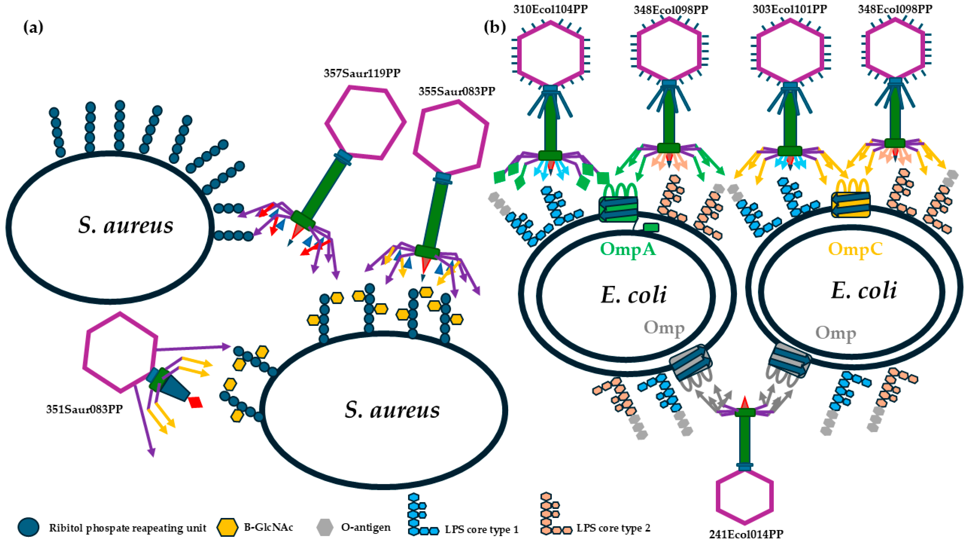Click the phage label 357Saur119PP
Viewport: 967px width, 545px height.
click(362, 73)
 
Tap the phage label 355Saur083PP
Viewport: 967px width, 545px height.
click(456, 91)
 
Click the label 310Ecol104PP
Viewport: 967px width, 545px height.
click(550, 9)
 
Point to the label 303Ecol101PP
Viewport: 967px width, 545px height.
click(790, 9)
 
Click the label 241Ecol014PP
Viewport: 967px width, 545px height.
click(746, 534)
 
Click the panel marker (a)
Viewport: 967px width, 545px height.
click(33, 27)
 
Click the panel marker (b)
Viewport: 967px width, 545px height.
click(495, 27)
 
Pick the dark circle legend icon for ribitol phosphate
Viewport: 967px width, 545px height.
click(28, 527)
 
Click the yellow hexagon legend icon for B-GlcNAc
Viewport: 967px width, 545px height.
click(227, 527)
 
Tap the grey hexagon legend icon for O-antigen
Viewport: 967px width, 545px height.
click(324, 527)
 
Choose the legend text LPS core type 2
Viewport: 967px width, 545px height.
click(613, 528)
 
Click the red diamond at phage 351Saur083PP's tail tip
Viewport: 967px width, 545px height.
click(196, 402)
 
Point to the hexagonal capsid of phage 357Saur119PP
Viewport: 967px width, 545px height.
click(365, 122)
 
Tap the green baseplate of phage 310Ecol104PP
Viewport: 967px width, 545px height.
click(550, 155)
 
